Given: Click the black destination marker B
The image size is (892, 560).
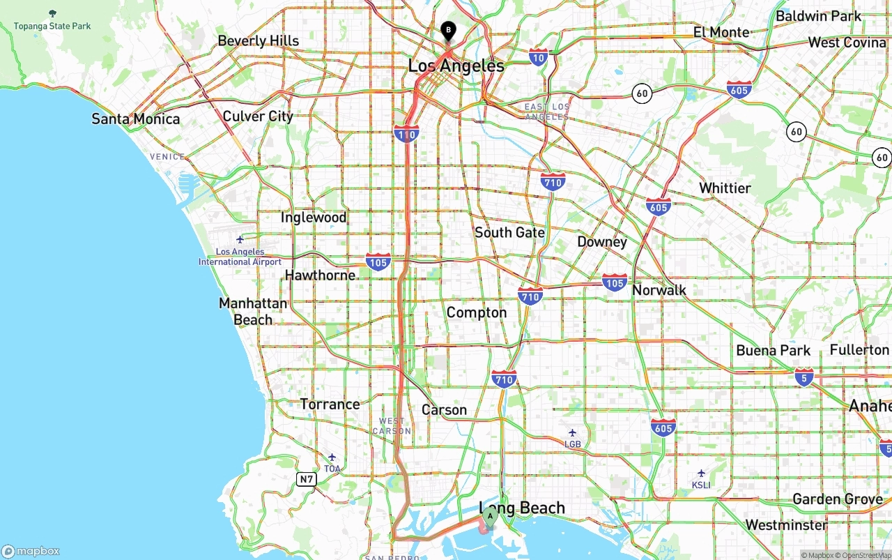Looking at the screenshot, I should click(x=448, y=31).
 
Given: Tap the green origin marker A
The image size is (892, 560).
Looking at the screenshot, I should click(x=490, y=517).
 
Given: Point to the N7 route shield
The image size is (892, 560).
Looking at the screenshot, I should click(x=306, y=479).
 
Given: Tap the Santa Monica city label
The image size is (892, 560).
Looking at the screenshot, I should click(x=136, y=119).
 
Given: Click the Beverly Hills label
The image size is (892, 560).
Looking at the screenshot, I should click(x=258, y=41).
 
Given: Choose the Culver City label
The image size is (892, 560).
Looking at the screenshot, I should click(x=258, y=116).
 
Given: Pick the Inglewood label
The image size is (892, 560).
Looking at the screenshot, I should click(x=313, y=218).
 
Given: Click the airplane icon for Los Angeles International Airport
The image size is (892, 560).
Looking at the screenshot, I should click(x=240, y=239).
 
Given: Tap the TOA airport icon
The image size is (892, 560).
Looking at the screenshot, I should click(x=332, y=457).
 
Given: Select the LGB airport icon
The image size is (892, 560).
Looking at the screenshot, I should click(x=572, y=432).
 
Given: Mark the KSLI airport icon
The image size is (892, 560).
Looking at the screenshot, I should click(x=701, y=474).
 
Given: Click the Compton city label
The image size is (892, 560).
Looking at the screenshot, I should click(x=477, y=312).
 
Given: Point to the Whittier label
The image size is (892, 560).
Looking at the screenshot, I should click(x=725, y=188).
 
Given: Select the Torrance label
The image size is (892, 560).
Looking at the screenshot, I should click(x=330, y=404).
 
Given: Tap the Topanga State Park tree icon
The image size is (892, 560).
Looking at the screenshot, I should click(x=53, y=13).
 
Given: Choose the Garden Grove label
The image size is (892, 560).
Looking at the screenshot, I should click(x=838, y=499).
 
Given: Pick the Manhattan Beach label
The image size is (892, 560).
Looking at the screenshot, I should click(x=253, y=312).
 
